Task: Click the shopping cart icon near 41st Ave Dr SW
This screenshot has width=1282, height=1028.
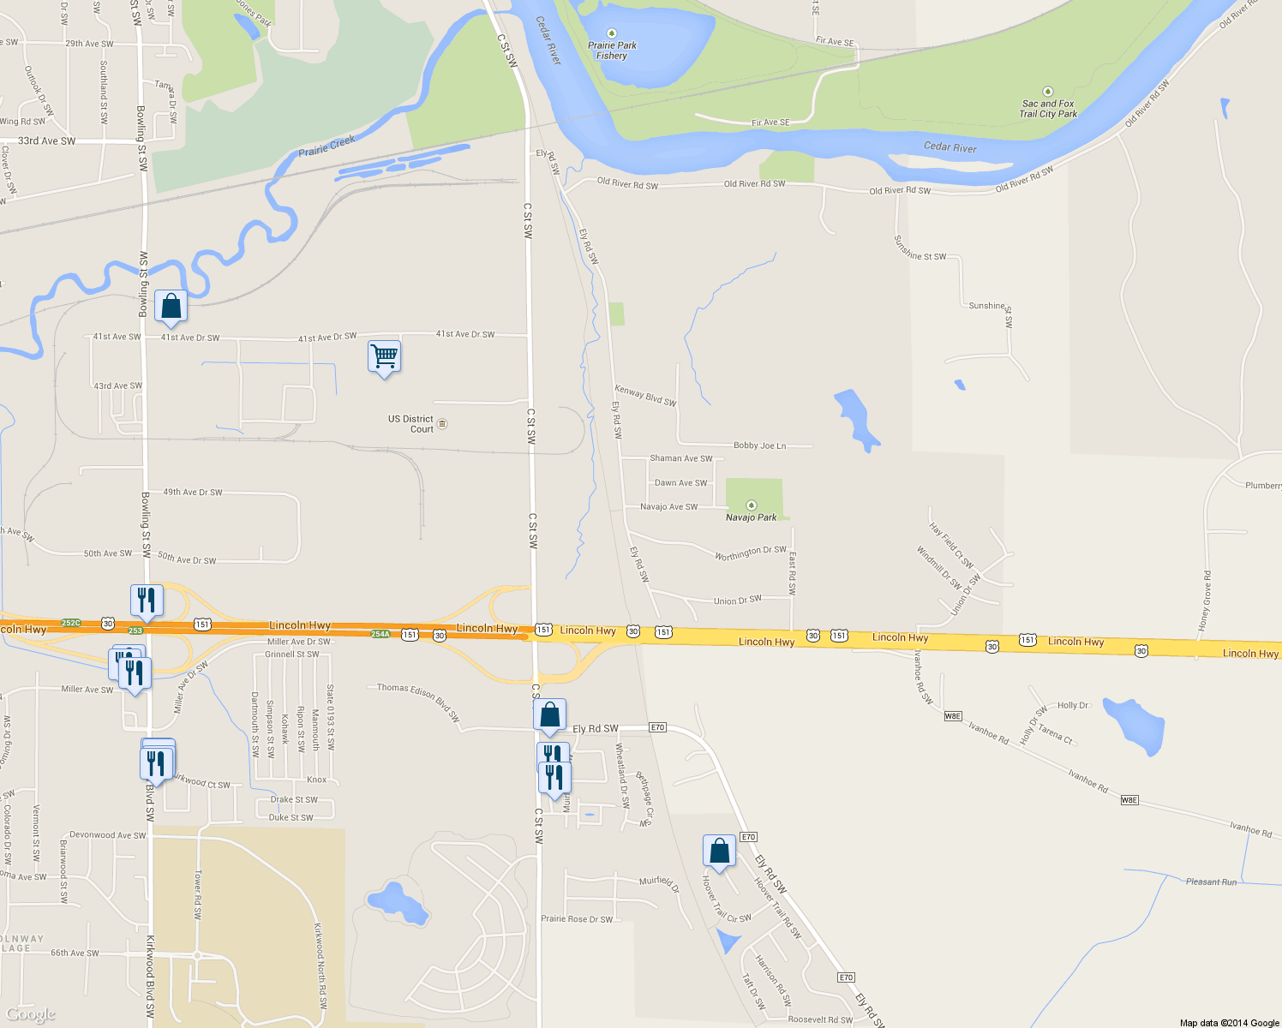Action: [x=384, y=356]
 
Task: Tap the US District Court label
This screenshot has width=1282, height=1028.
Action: [x=411, y=424]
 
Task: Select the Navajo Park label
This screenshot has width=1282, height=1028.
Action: [x=751, y=517]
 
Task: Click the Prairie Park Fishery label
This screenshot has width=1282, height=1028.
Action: [x=612, y=51]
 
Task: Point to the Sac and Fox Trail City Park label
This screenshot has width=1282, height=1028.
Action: [x=1047, y=109]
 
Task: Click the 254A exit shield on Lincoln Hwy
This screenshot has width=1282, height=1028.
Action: [x=380, y=634]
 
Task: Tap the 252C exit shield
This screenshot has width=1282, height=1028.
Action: [x=71, y=623]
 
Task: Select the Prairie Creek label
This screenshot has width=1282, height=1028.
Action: [x=326, y=146]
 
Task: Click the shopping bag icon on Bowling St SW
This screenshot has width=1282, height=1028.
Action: [x=171, y=306]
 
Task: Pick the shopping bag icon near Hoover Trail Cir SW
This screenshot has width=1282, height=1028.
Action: [x=719, y=851]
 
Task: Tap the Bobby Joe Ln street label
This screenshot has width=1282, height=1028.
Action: [x=759, y=445]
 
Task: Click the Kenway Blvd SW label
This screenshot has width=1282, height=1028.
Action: [x=645, y=396]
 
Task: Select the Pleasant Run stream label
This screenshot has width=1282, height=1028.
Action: [x=1211, y=882]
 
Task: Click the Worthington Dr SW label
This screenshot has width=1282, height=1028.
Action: [x=751, y=553]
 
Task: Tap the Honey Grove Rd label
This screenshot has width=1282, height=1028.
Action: [x=1207, y=602]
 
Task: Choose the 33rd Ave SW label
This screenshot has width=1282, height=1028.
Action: [x=46, y=141]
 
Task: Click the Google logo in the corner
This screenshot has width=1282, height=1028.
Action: [x=30, y=1014]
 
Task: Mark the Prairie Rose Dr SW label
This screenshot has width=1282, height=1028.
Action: [x=577, y=919]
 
